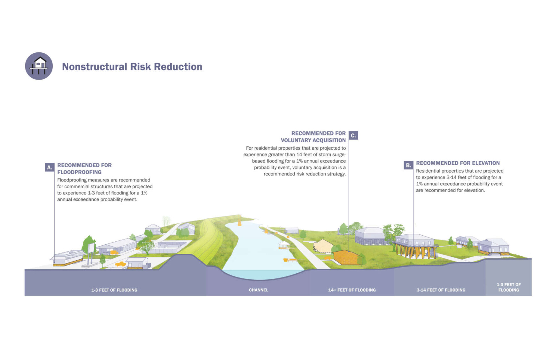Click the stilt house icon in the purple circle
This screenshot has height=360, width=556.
(39, 66)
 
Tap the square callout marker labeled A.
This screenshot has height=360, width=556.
(50, 167)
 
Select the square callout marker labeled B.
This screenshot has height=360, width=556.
(408, 165)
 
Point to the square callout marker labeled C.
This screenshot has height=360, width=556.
(353, 135)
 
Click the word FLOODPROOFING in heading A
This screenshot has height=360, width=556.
(79, 172)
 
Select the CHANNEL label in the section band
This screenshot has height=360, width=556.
(259, 290)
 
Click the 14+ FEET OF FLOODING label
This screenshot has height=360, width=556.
(352, 290)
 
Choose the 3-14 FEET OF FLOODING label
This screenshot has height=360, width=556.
(441, 290)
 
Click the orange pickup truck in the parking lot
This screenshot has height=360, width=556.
(120, 264)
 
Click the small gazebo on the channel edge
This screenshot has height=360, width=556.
(284, 245)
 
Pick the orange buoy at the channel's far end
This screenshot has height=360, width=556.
(239, 223)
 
